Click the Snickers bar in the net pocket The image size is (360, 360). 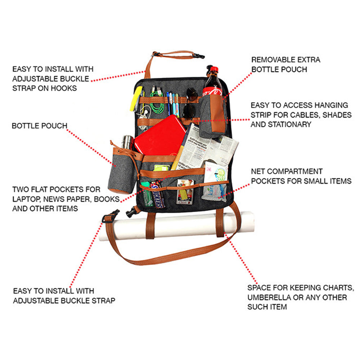157,194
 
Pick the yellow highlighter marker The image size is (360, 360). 136,98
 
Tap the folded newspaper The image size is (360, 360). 209,148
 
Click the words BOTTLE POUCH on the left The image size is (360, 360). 40,126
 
